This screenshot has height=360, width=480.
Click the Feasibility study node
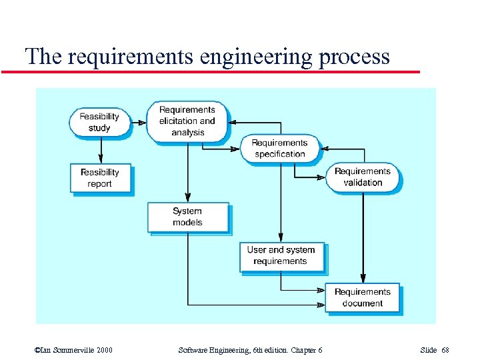click(x=99, y=121)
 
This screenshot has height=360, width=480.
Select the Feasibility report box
click(x=100, y=178)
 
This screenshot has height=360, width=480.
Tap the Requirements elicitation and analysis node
click(x=187, y=121)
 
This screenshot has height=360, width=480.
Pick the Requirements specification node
click(x=279, y=148)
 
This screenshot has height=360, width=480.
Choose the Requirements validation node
click(x=363, y=177)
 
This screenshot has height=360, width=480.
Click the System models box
click(x=187, y=217)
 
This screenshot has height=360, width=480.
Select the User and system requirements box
click(x=281, y=256)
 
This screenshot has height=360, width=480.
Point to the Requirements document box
click(x=362, y=297)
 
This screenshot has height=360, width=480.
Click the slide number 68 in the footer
click(x=445, y=350)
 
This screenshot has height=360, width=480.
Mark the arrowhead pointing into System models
click(x=187, y=197)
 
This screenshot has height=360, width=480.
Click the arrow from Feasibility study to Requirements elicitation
click(x=138, y=122)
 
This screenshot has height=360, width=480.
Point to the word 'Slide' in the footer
click(x=429, y=350)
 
